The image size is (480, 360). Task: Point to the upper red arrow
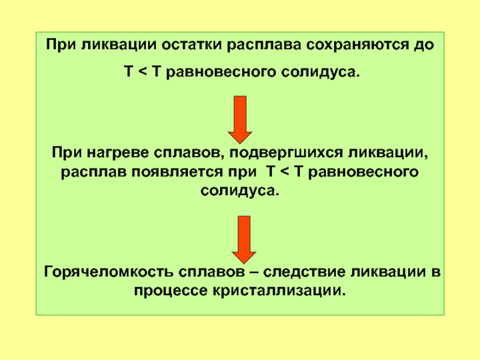240,119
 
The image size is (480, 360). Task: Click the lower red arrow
244,239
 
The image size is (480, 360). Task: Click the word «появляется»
177,172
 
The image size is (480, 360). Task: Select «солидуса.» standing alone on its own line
240,191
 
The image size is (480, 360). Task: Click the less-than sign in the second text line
142,72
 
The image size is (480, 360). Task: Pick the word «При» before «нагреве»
67,152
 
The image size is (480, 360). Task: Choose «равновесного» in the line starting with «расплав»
363,172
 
